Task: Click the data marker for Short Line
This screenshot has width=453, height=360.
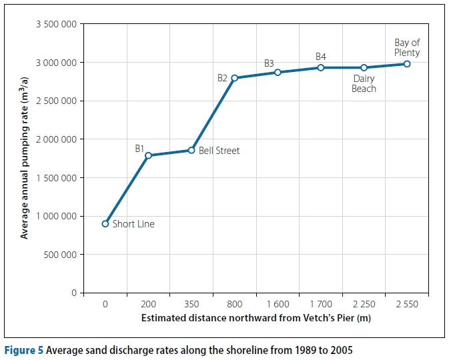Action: point(105,223)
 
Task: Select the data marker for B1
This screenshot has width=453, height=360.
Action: point(148,155)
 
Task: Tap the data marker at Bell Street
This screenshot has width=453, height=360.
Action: point(191,150)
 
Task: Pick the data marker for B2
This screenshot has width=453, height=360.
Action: point(234,78)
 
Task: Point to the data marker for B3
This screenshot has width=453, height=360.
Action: point(278,72)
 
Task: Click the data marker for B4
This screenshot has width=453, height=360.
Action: point(321,67)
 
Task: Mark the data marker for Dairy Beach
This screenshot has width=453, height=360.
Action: point(364,67)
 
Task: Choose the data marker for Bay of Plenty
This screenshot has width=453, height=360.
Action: point(407,63)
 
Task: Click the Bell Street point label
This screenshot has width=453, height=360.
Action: point(219,151)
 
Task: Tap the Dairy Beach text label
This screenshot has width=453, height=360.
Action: point(364,83)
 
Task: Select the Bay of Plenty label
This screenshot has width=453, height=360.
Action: point(407,47)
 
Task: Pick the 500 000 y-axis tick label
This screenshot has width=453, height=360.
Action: point(61,255)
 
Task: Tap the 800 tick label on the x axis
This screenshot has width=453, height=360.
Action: point(234,304)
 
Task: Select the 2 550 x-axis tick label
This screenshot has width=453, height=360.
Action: point(407,304)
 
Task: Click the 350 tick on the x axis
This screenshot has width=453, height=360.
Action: point(191,304)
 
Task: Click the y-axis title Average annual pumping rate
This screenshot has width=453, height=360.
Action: point(25,158)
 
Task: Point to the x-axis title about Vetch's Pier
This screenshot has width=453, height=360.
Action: point(256,318)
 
